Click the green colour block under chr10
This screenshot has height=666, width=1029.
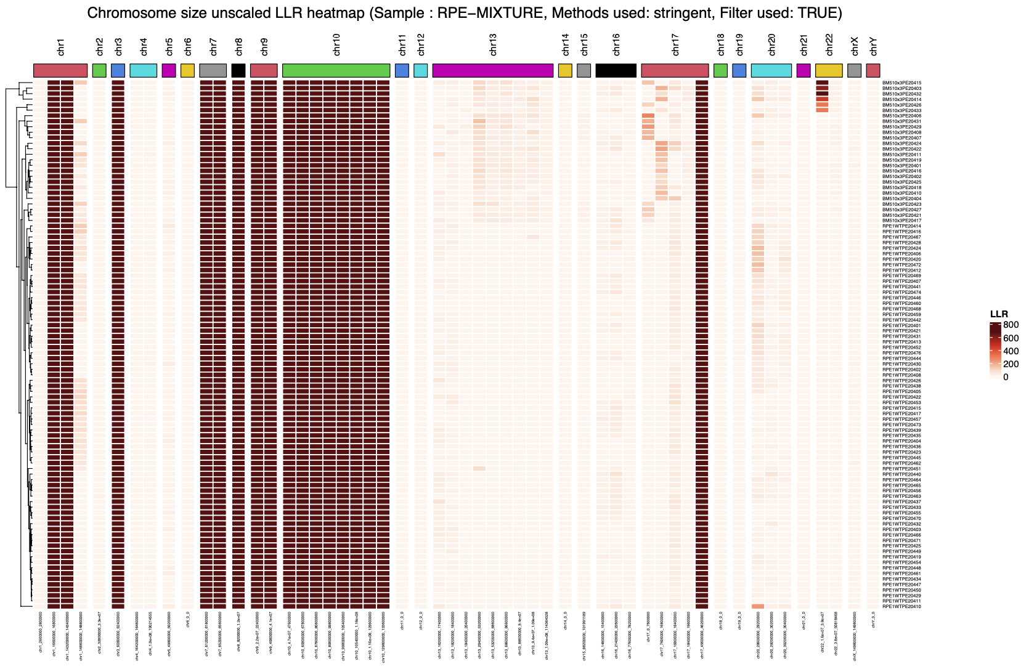click(336, 70)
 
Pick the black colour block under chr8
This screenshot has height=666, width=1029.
click(238, 70)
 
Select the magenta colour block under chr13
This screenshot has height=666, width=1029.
click(493, 70)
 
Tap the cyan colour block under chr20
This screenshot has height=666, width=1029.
click(771, 70)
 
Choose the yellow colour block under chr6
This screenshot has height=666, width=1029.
click(188, 70)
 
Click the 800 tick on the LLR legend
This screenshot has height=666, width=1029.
click(1011, 325)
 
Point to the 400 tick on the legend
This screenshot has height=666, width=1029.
click(1011, 351)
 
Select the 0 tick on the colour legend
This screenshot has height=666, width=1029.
click(1006, 377)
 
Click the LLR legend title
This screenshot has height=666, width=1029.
click(999, 314)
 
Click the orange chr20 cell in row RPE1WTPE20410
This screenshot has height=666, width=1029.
click(758, 607)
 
